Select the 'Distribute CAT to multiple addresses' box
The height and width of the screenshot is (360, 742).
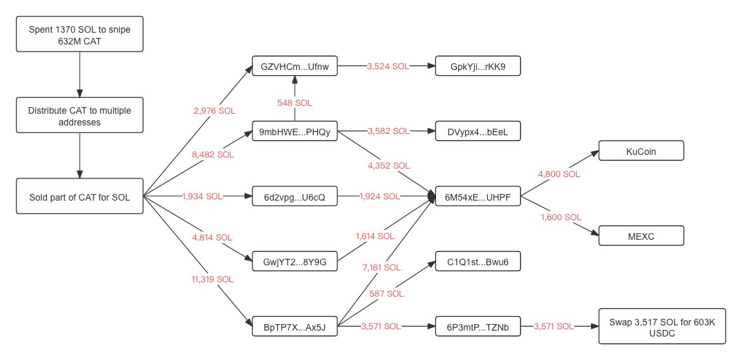pos(79,116)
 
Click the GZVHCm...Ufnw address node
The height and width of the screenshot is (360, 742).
pos(295,67)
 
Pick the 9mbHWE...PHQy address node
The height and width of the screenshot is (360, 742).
pos(295,132)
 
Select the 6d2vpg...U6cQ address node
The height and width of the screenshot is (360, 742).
pos(295,196)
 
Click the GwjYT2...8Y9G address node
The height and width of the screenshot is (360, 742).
pos(295,261)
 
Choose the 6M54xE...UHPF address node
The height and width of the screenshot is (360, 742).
pos(478,196)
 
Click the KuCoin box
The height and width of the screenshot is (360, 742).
pos(641,152)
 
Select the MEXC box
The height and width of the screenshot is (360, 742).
pos(641,235)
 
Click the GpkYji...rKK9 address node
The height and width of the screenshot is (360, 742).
pos(478,67)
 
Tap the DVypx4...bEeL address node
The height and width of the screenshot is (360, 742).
pos(478,132)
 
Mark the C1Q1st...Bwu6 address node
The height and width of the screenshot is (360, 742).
pos(478,261)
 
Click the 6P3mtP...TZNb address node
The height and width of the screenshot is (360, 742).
pos(478,326)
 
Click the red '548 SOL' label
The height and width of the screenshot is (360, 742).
pos(295,103)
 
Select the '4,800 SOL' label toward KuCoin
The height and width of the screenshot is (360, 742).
pos(559,174)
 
